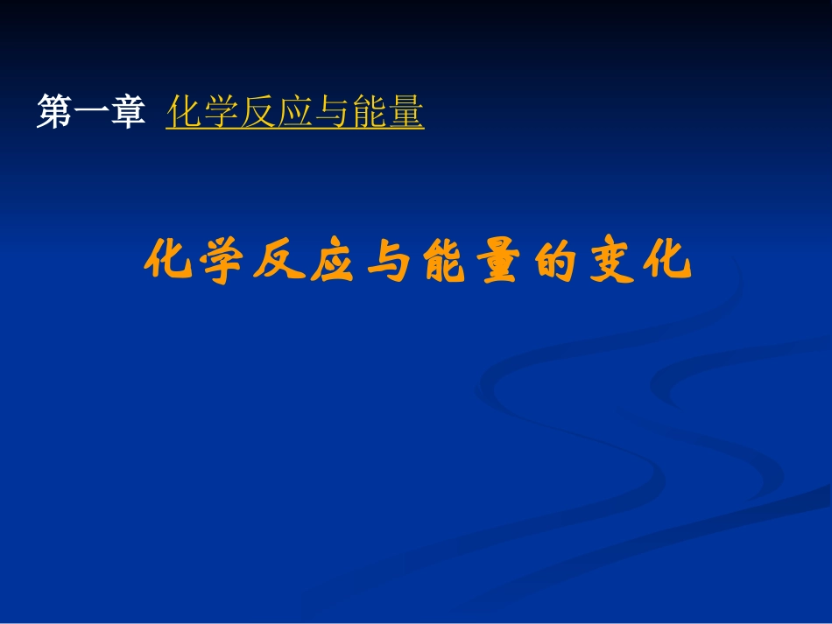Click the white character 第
pos(54,113)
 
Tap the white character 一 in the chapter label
pos(90,113)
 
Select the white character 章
pos(127,113)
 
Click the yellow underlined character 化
pos(184,113)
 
